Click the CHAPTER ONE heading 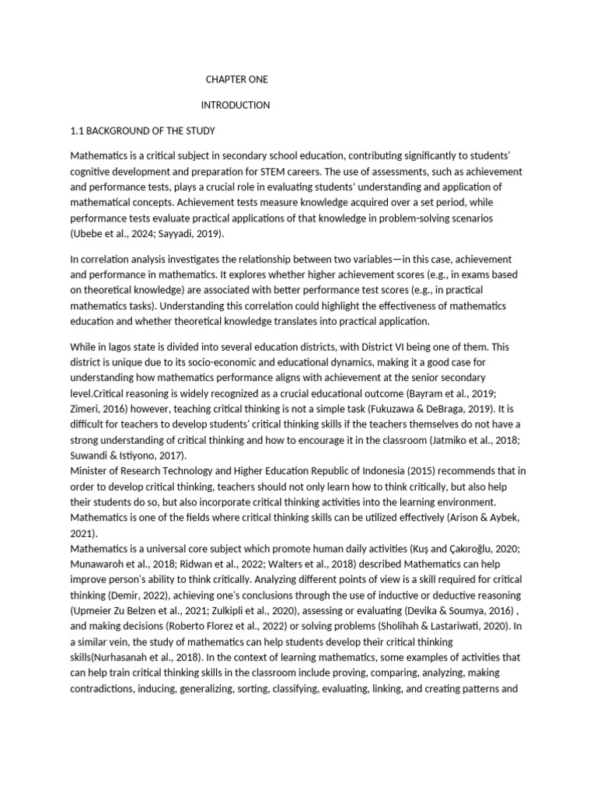(x=236, y=79)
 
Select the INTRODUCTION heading (x=236, y=105)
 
